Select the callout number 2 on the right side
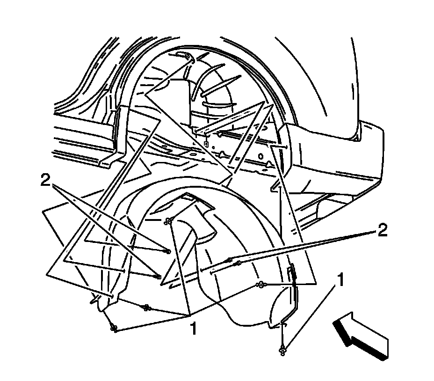pos(382,231)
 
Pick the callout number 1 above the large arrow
pos(341,280)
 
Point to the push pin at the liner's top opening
pos(168,221)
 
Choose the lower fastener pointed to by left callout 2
pos(159,278)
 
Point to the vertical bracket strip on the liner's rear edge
pos(293,286)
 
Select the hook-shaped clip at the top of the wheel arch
pos(187,57)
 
